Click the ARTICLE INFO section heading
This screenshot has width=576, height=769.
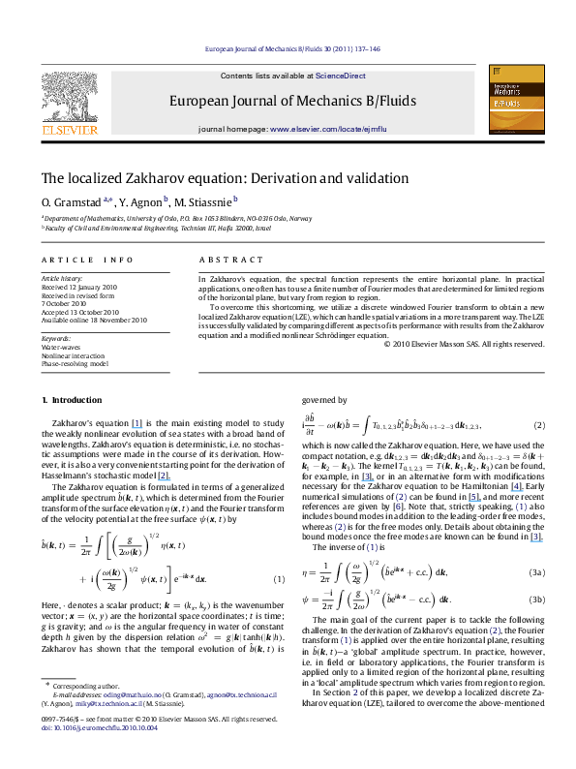pyautogui.click(x=87, y=260)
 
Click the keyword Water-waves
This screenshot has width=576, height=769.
pyautogui.click(x=59, y=347)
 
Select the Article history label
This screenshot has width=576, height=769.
pyautogui.click(x=61, y=278)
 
